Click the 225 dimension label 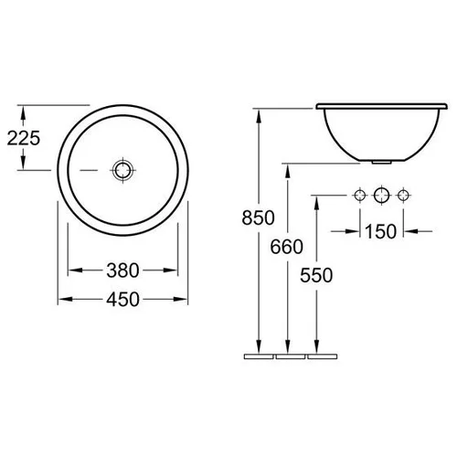tap(24, 138)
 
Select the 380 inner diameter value tap(122, 271)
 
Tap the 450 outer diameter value tap(122, 299)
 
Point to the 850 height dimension tap(258, 218)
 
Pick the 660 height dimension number tap(286, 247)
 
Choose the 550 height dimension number tap(316, 275)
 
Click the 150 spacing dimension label tap(380, 231)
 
